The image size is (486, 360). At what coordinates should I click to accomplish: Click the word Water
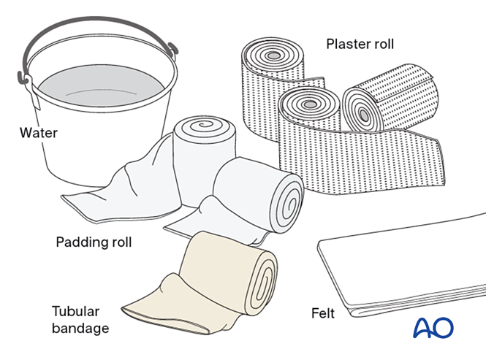[x=38, y=133]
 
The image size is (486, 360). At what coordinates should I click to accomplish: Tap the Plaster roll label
[x=360, y=45]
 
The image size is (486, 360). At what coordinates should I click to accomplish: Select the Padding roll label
[x=94, y=242]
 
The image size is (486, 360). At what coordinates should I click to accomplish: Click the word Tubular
[x=76, y=310]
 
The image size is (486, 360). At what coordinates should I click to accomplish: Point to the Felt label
[x=322, y=313]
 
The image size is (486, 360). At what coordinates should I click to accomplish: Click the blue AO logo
[x=433, y=328]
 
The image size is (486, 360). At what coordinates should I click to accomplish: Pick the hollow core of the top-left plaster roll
[x=273, y=57]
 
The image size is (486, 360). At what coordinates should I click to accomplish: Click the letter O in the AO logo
[x=444, y=328]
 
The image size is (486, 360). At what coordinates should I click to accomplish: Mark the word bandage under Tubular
[x=80, y=328]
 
